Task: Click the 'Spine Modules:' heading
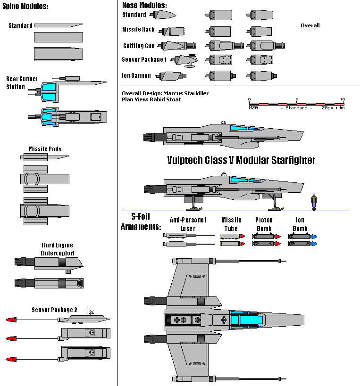(x=25, y=6)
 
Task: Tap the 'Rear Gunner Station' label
(x=22, y=83)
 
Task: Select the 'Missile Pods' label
(x=45, y=149)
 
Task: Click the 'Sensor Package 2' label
(x=54, y=310)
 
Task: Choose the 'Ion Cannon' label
(x=136, y=75)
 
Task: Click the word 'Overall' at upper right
(x=310, y=25)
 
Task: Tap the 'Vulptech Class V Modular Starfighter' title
(x=241, y=160)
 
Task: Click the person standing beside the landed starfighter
(x=314, y=201)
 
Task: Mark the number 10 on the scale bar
(x=343, y=99)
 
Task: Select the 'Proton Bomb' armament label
(x=264, y=224)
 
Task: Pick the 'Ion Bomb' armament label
(x=300, y=224)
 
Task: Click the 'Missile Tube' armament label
(x=231, y=224)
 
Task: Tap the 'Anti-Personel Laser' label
(x=188, y=224)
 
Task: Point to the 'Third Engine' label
(x=57, y=248)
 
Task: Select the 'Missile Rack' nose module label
(x=138, y=30)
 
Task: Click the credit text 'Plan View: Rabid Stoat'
(x=151, y=99)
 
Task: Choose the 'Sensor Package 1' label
(x=144, y=60)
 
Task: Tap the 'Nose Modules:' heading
(x=144, y=5)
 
